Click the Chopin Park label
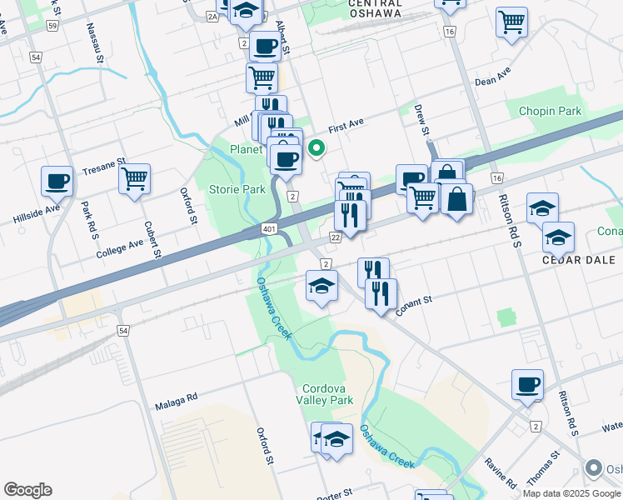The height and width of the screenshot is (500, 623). point(550,111)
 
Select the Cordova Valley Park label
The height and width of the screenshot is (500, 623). point(327,394)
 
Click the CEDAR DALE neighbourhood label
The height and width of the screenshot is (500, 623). point(578,260)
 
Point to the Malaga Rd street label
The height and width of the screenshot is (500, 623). point(176,400)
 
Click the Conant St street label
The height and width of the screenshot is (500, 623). point(416,301)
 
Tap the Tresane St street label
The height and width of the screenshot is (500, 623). point(103,167)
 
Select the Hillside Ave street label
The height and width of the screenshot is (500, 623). point(37,212)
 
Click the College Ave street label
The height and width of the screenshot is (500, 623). point(119,247)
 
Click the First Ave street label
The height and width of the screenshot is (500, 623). point(346,127)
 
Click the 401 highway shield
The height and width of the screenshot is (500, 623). point(269,227)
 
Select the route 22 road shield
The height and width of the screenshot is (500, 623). point(336,237)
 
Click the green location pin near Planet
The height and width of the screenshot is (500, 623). point(316,149)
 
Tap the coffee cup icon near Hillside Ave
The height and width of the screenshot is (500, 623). point(57,179)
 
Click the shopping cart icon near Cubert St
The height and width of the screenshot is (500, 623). point(134,177)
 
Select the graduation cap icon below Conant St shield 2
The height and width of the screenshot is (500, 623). point(321,287)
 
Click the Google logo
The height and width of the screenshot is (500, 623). point(28,490)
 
